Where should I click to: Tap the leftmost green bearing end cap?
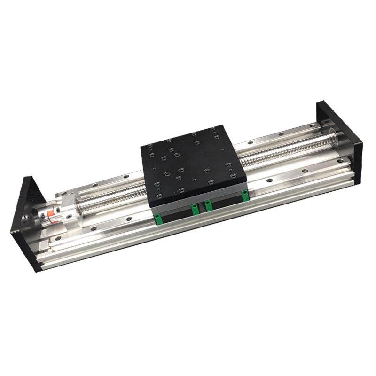(158, 218)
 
